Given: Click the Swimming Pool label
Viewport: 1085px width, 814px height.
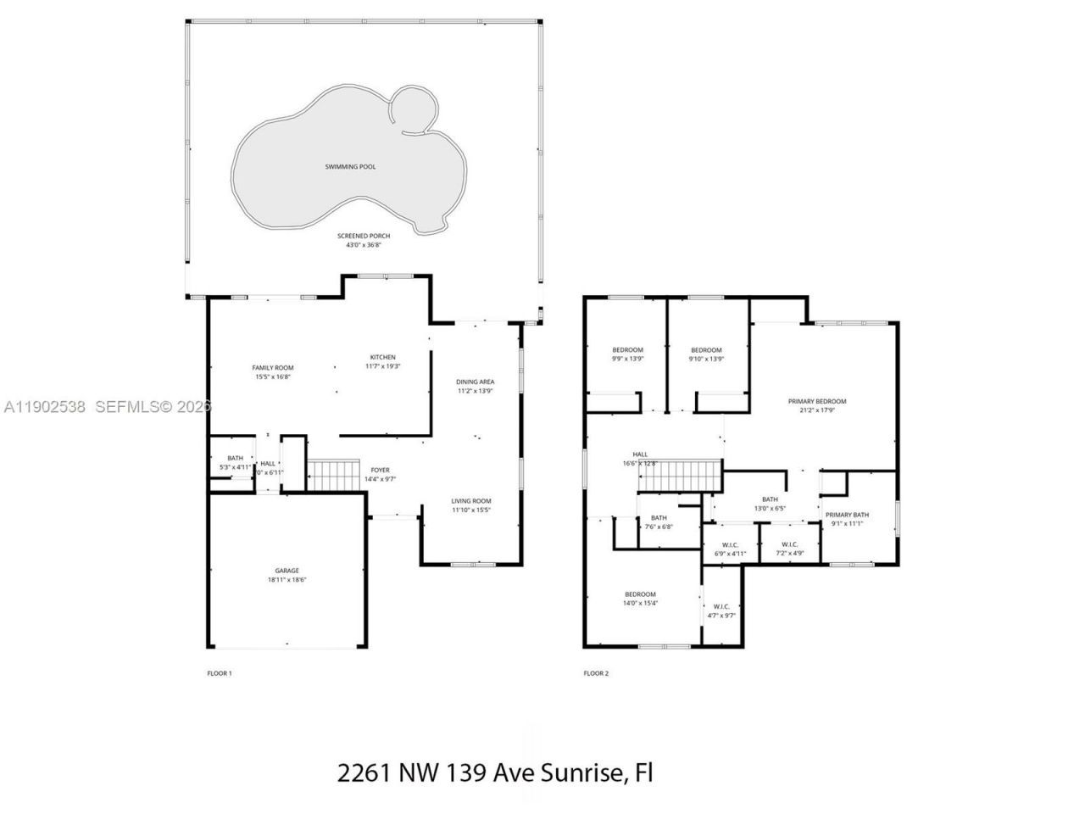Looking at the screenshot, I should pos(350,167).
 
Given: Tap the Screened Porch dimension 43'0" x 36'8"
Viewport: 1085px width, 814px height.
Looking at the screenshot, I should pos(362,245).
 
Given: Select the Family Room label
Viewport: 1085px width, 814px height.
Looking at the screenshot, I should pos(272,368).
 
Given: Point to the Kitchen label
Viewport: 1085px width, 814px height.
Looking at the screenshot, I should pos(382,357).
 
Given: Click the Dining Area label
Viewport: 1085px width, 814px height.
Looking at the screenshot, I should pos(475,382).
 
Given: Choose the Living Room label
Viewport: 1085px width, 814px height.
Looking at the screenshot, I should pos(470,501).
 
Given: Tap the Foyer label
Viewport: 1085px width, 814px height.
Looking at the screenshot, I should pos(380,470).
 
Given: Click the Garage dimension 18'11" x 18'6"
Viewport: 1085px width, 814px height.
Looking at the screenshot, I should pos(286,580).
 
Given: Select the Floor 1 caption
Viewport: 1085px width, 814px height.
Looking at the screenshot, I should pos(219,673).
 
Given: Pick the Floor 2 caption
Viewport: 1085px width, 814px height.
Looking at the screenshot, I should pos(595,673).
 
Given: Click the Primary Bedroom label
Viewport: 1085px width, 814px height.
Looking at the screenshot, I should pos(816,401).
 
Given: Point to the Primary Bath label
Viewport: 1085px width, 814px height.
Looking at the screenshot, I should pos(847,515).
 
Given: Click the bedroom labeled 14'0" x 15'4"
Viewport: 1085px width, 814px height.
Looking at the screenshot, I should pos(640,594).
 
